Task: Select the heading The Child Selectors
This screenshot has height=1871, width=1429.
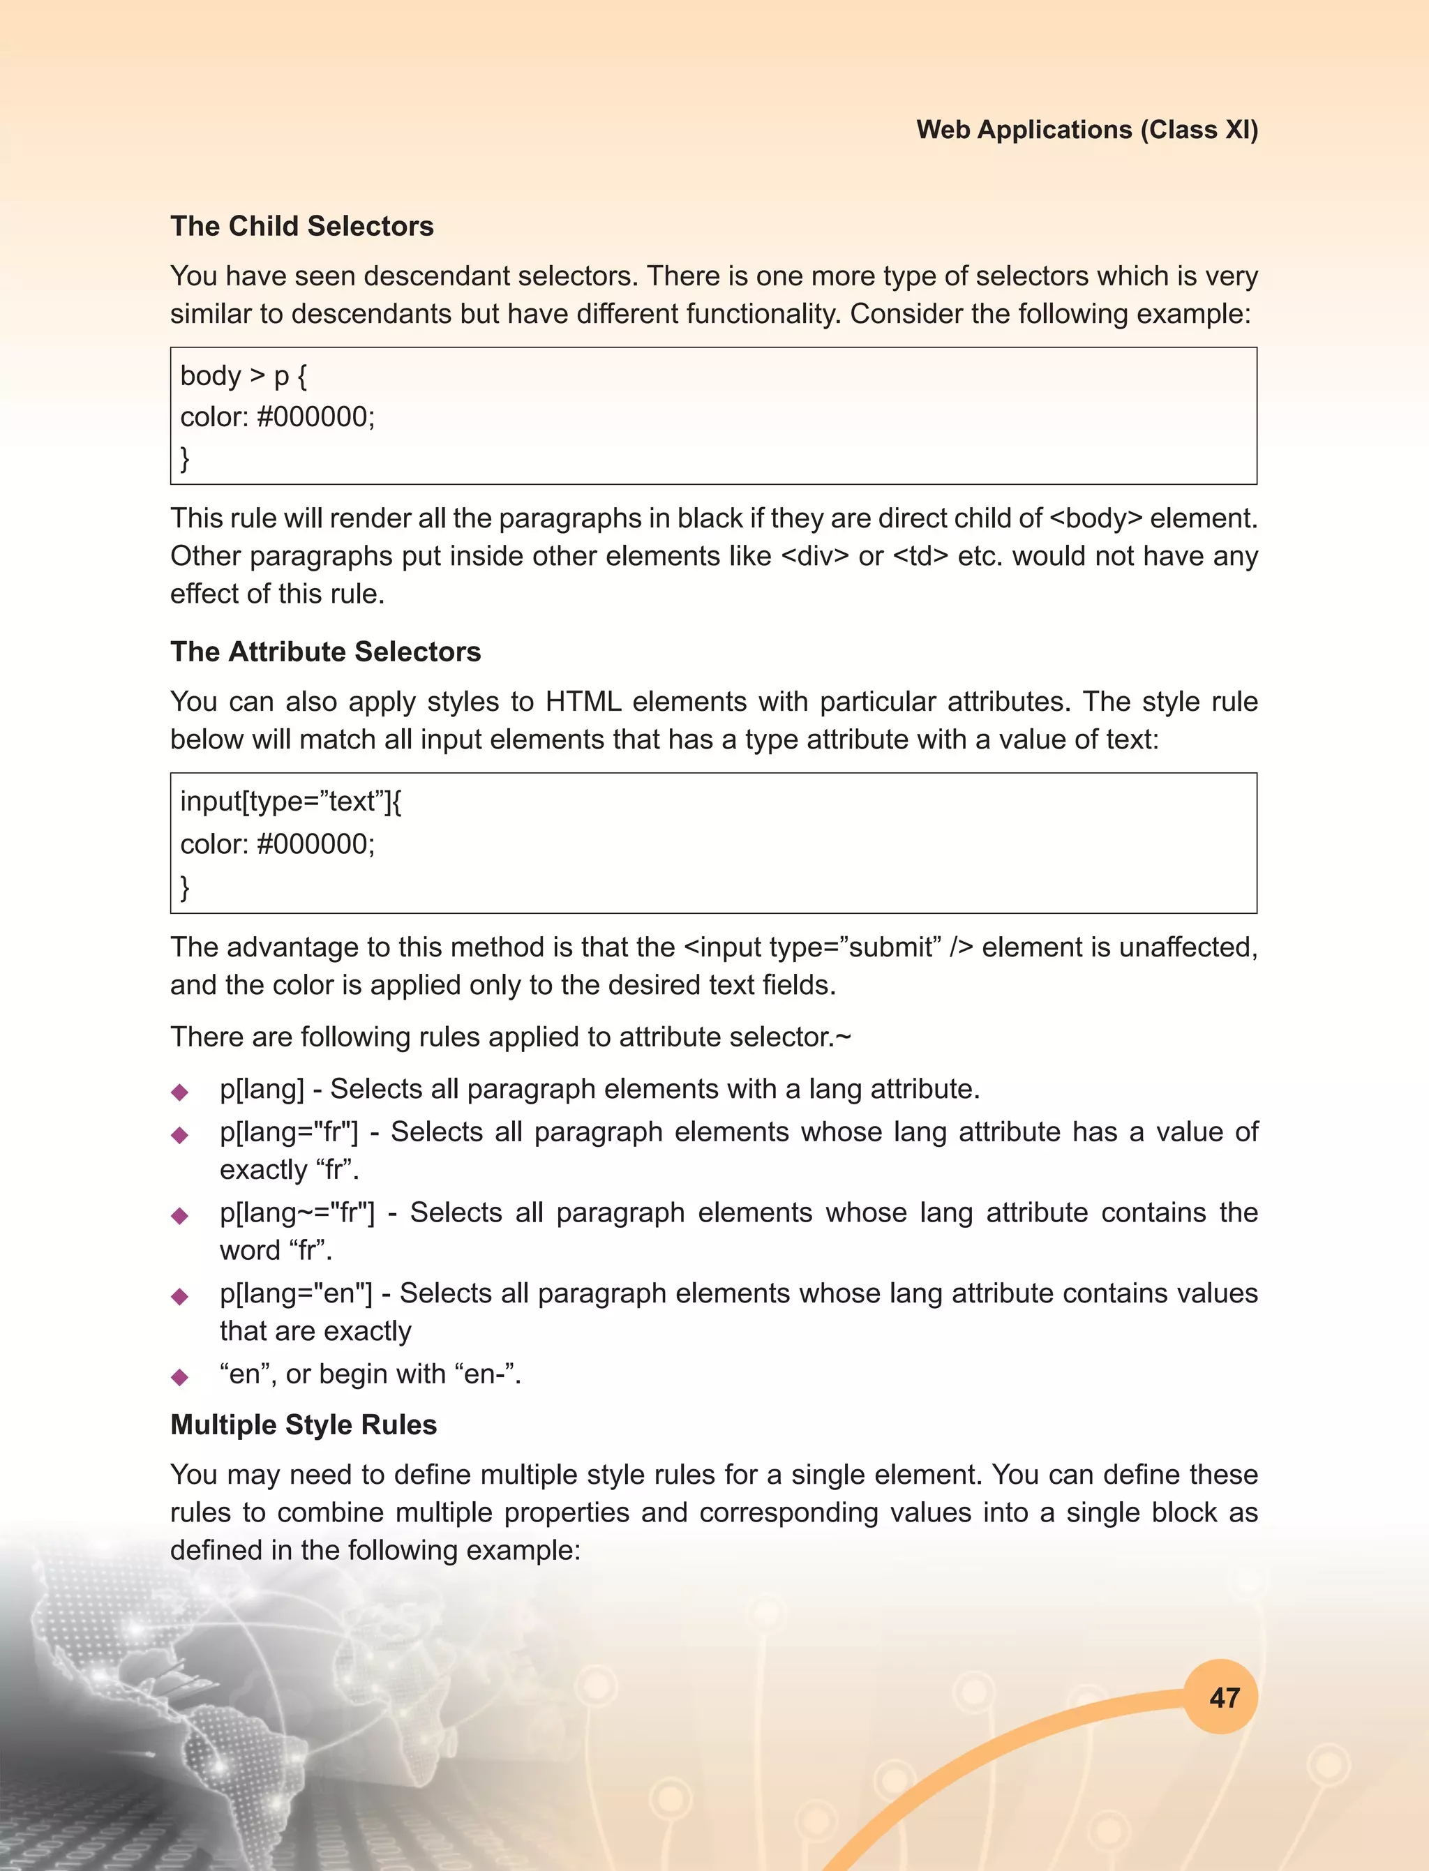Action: click(302, 226)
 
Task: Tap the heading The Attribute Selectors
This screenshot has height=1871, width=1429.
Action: click(326, 652)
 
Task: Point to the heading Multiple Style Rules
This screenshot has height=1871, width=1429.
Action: click(304, 1425)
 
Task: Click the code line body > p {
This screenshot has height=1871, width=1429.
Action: click(244, 376)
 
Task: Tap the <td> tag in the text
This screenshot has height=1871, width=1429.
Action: click(920, 556)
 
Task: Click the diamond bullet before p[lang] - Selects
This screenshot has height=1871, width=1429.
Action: click(179, 1092)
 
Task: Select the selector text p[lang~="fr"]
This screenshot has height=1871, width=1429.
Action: click(297, 1212)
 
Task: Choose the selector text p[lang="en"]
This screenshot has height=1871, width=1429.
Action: click(296, 1293)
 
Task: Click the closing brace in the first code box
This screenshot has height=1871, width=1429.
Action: click(185, 458)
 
